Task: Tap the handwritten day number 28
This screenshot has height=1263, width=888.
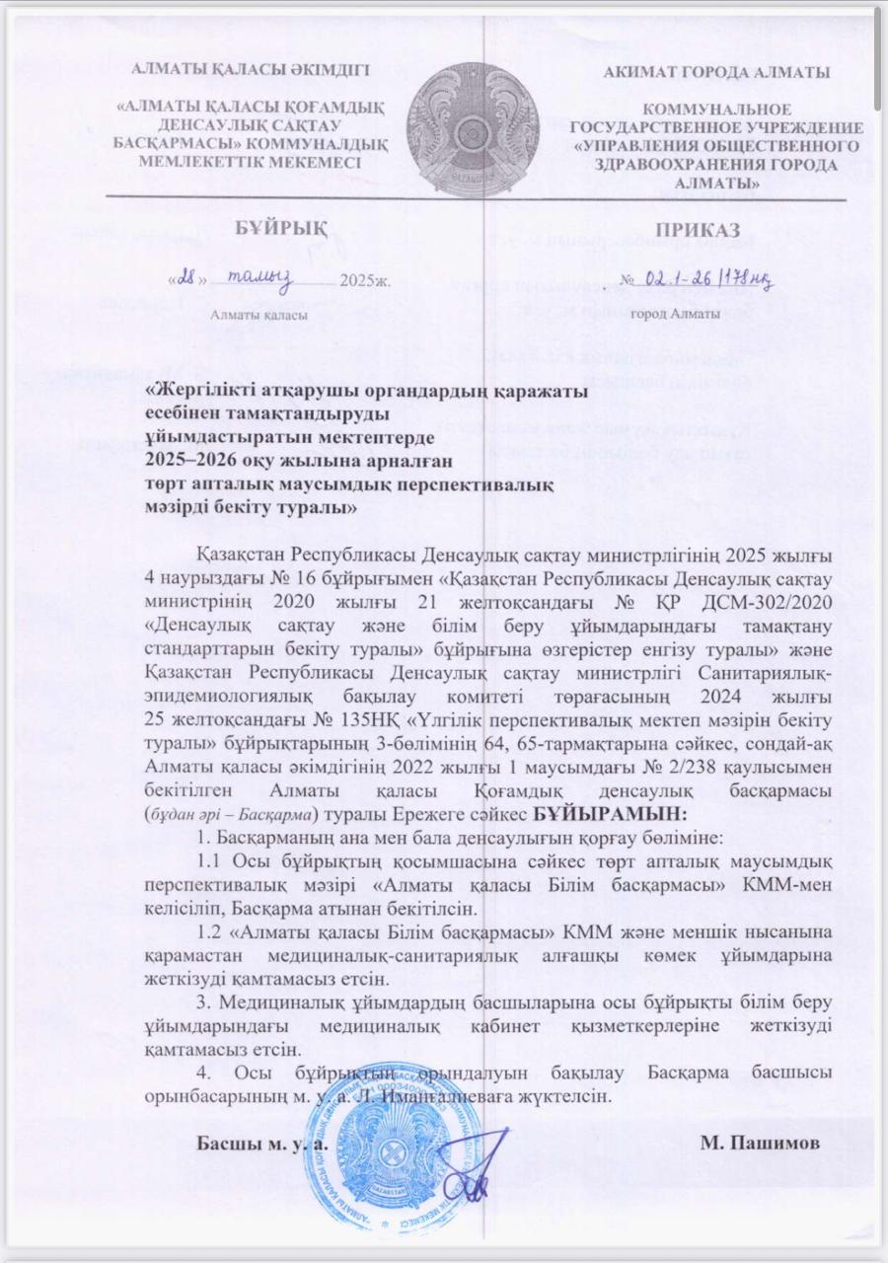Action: pos(186,279)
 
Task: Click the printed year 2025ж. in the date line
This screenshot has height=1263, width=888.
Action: pos(365,281)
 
